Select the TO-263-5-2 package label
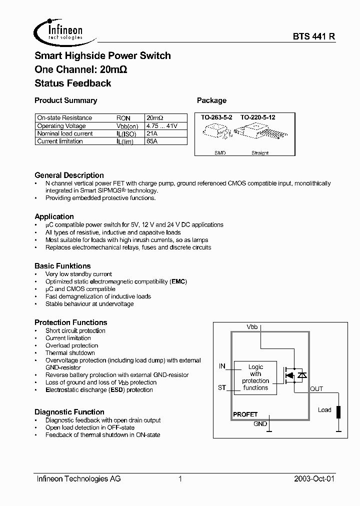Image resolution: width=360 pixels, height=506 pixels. pyautogui.click(x=217, y=117)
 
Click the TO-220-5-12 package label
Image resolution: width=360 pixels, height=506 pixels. pyautogui.click(x=258, y=117)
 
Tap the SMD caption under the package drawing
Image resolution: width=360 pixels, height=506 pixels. pyautogui.click(x=220, y=152)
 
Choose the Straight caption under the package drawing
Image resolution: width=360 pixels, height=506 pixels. pyautogui.click(x=260, y=152)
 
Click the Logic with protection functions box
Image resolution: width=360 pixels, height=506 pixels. pyautogui.click(x=255, y=377)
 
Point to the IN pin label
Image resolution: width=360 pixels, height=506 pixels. pyautogui.click(x=222, y=366)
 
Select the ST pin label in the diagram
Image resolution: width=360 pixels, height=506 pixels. pyautogui.click(x=222, y=387)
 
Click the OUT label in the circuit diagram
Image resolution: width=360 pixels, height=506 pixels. pyautogui.click(x=316, y=388)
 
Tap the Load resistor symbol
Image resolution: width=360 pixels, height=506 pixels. pyautogui.click(x=338, y=411)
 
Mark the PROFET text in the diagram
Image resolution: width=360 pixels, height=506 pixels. pyautogui.click(x=245, y=414)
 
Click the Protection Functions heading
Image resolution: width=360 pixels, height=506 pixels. pyautogui.click(x=70, y=322)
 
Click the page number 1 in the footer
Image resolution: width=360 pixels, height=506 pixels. pyautogui.click(x=180, y=479)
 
